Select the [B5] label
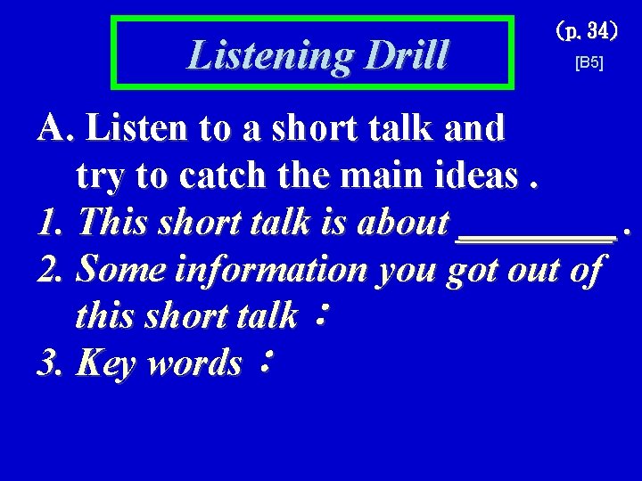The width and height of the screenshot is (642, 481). (x=589, y=64)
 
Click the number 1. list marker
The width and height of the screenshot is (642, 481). (x=52, y=223)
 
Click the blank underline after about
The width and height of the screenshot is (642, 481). (x=536, y=235)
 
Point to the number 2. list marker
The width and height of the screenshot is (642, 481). (x=52, y=269)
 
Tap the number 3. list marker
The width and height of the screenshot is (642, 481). (x=52, y=363)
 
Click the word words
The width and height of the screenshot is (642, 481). (x=198, y=363)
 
